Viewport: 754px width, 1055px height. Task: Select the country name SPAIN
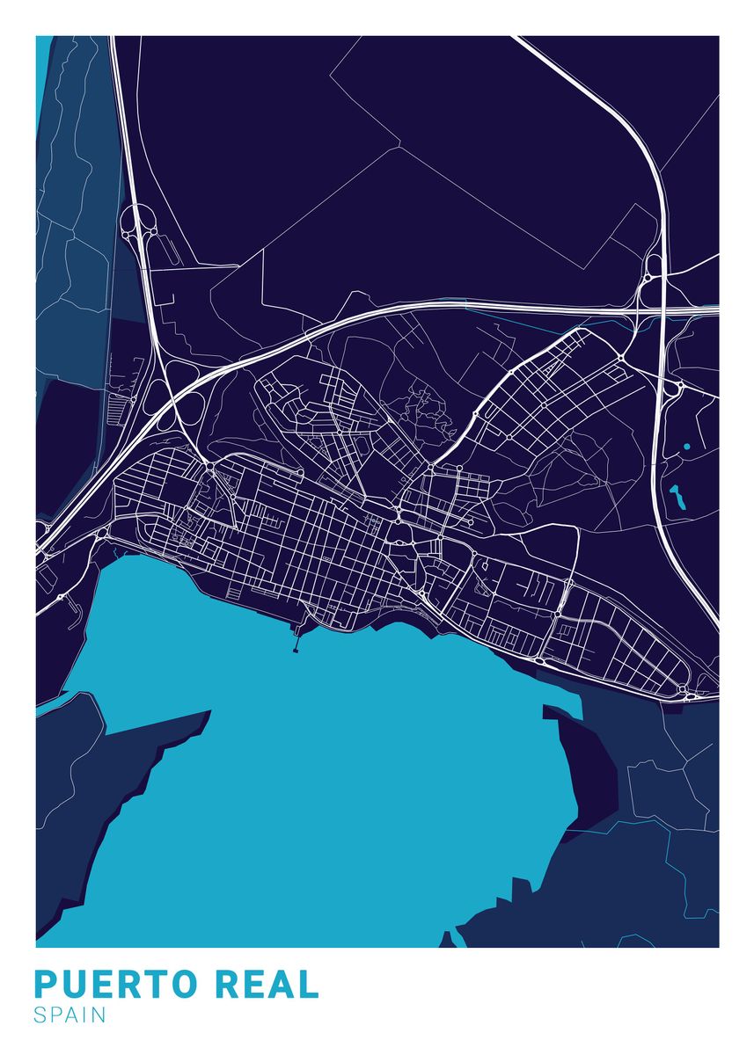click(70, 1015)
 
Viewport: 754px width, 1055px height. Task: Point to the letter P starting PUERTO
click(45, 984)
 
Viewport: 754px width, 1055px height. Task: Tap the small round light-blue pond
click(686, 447)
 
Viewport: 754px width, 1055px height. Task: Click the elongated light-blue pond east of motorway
click(677, 499)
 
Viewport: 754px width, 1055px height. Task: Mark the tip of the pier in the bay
click(295, 651)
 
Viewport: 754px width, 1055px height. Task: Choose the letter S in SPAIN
click(40, 1015)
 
